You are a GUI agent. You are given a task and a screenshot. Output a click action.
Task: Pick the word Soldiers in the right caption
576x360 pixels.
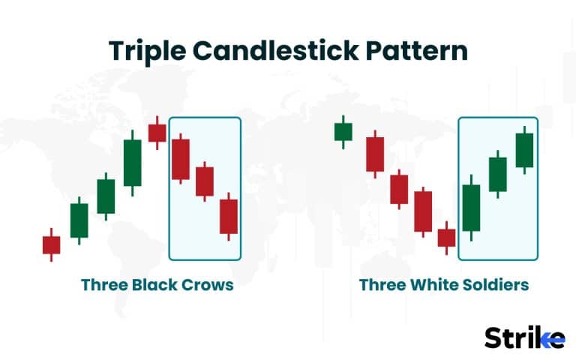(495, 285)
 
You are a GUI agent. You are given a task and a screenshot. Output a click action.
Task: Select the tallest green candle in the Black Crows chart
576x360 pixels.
(132, 163)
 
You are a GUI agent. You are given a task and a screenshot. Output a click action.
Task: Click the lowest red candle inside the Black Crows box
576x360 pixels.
(229, 216)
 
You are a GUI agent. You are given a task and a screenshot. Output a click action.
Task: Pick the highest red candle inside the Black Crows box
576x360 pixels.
(181, 159)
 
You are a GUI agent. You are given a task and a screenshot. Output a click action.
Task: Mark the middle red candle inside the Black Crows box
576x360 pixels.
(205, 181)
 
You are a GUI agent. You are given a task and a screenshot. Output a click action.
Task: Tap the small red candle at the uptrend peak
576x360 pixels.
(157, 133)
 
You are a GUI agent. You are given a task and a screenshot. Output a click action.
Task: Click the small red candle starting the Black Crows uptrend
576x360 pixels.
(51, 244)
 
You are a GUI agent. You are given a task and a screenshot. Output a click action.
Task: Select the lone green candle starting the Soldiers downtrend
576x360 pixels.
(343, 132)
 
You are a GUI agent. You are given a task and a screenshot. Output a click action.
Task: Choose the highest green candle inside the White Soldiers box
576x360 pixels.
(524, 150)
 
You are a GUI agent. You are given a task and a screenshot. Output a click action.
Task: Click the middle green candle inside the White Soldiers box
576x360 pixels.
(498, 174)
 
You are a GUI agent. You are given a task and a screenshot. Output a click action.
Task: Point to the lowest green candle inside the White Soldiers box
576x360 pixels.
(471, 208)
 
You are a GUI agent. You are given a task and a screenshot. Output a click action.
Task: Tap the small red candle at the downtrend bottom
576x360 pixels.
(446, 238)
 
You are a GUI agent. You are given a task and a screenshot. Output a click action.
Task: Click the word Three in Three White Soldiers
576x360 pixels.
(382, 285)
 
